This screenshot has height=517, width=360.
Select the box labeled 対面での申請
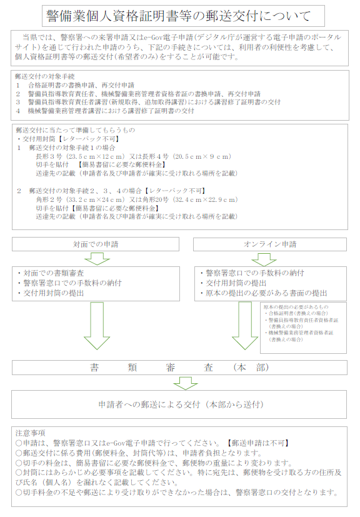point(95,243)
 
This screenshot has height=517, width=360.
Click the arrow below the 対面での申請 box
point(96,258)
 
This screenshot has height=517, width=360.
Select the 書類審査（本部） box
point(179,368)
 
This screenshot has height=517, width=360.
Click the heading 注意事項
point(29,433)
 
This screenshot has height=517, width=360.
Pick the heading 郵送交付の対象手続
point(40,75)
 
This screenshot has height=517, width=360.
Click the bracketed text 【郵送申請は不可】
point(257,443)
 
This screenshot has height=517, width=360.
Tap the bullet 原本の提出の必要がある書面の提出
point(264,292)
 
